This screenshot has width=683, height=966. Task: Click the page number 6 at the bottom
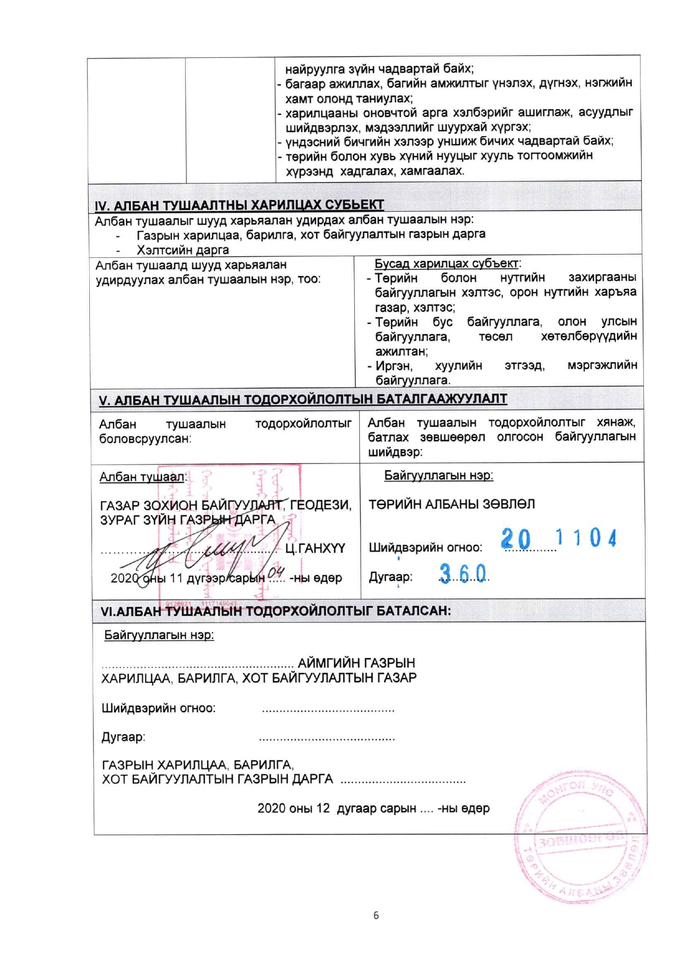coord(376,915)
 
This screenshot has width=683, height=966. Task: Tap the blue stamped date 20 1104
coord(559,538)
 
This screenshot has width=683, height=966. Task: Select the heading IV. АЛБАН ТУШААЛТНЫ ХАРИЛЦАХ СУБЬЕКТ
coord(239,205)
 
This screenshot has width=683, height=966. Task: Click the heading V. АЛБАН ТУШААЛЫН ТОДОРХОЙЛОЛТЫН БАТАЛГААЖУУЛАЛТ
coord(302,399)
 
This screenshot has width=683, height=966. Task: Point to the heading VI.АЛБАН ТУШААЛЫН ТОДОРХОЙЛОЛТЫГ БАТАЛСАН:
coord(275,611)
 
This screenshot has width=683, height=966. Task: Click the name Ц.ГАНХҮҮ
coord(315,548)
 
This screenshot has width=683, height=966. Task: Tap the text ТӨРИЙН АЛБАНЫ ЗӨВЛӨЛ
coord(452,504)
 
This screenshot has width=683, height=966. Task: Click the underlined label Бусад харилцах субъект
coord(446,263)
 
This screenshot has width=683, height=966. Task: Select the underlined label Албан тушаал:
coord(143,477)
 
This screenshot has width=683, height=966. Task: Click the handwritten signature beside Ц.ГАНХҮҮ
coord(204,551)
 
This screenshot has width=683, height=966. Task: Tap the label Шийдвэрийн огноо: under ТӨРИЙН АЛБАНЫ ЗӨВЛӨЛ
coord(425,548)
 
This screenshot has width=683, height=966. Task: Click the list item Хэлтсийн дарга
coord(182,250)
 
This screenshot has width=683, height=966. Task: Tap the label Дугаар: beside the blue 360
coord(391,577)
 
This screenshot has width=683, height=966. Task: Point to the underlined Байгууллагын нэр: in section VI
coord(159,635)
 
